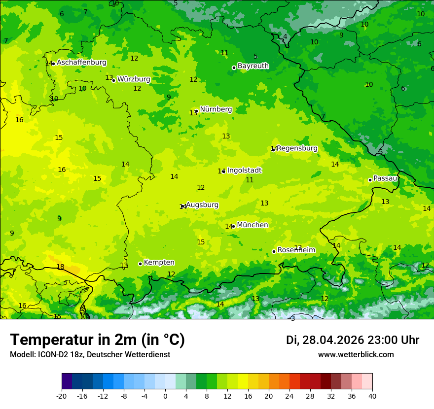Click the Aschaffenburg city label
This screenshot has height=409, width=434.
click(x=81, y=63)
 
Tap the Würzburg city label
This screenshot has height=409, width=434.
click(x=134, y=79)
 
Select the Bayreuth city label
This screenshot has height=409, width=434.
click(x=253, y=66)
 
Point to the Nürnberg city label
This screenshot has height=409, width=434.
click(x=216, y=109)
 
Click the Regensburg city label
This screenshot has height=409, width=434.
click(x=297, y=148)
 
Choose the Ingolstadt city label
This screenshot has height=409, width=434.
click(x=244, y=170)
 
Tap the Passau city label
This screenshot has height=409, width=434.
click(x=385, y=178)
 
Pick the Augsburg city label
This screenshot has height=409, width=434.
click(x=202, y=205)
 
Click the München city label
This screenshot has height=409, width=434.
click(x=252, y=225)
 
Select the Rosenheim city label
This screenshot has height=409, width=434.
click(x=296, y=250)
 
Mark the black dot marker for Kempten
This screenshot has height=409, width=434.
click(x=140, y=264)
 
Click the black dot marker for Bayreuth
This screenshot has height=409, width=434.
click(x=234, y=68)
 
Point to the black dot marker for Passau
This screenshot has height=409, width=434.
click(x=370, y=180)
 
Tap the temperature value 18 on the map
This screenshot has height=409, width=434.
click(x=60, y=267)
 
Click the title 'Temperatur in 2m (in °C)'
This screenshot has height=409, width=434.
click(x=97, y=340)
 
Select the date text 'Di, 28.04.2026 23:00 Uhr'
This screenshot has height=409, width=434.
click(x=353, y=340)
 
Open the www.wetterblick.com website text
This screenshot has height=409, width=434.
click(x=356, y=355)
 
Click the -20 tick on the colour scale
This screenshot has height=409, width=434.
click(x=62, y=396)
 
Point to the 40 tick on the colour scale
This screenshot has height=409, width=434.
click(x=372, y=396)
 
